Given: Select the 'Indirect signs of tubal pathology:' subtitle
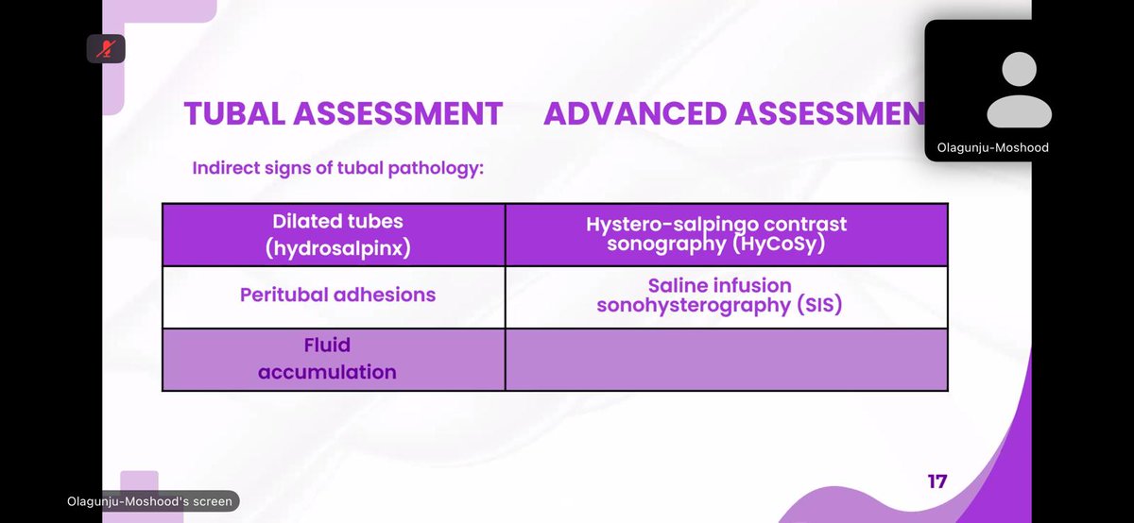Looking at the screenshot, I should coord(337,169).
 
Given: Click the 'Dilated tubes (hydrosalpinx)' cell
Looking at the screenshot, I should coord(337,235).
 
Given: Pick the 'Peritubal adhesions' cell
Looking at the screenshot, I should coord(337,295).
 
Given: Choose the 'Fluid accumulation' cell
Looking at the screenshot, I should coord(328,359).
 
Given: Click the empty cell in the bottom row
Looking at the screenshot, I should coord(726,359).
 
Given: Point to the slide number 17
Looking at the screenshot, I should coord(936,481).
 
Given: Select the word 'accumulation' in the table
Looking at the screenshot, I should coord(328,372).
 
